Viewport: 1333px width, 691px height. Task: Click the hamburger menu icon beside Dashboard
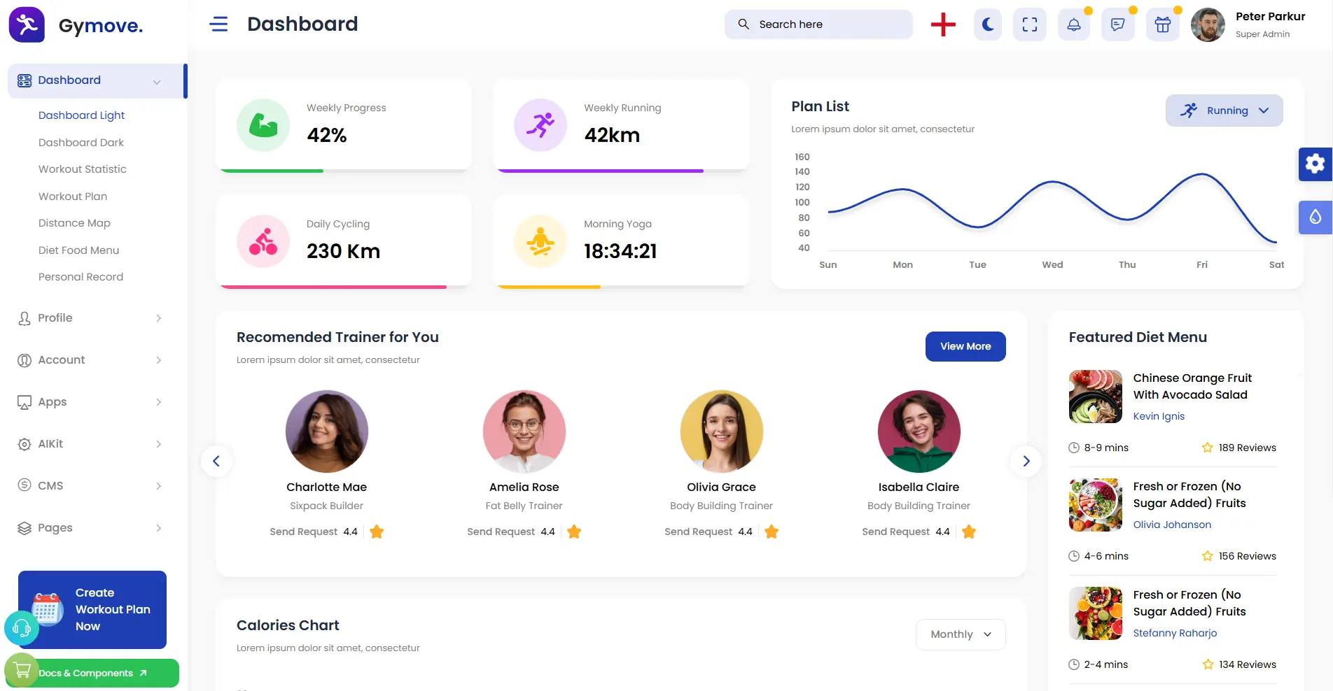pyautogui.click(x=218, y=24)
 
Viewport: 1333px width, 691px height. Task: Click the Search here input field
pyautogui.click(x=818, y=24)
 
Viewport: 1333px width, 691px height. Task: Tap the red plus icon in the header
pyautogui.click(x=943, y=24)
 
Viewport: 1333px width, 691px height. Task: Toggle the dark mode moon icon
pyautogui.click(x=988, y=24)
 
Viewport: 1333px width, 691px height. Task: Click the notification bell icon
pyautogui.click(x=1073, y=24)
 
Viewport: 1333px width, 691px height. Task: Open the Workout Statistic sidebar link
pyautogui.click(x=83, y=169)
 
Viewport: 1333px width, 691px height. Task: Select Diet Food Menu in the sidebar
pyautogui.click(x=78, y=250)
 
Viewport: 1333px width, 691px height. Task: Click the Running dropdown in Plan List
pyautogui.click(x=1224, y=111)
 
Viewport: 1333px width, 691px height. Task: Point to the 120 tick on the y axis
pyautogui.click(x=802, y=187)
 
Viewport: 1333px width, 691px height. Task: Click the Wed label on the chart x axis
pyautogui.click(x=1052, y=264)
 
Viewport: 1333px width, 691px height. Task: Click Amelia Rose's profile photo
pyautogui.click(x=524, y=432)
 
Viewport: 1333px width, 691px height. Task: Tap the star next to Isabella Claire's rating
pyautogui.click(x=969, y=532)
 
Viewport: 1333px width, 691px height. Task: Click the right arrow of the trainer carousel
pyautogui.click(x=1026, y=461)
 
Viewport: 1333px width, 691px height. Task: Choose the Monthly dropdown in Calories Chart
pyautogui.click(x=961, y=634)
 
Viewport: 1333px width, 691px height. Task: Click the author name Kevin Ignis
pyautogui.click(x=1159, y=416)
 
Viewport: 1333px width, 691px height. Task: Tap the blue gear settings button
pyautogui.click(x=1315, y=164)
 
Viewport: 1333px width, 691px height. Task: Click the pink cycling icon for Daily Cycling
pyautogui.click(x=263, y=241)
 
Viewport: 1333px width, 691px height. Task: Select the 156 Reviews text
pyautogui.click(x=1247, y=556)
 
